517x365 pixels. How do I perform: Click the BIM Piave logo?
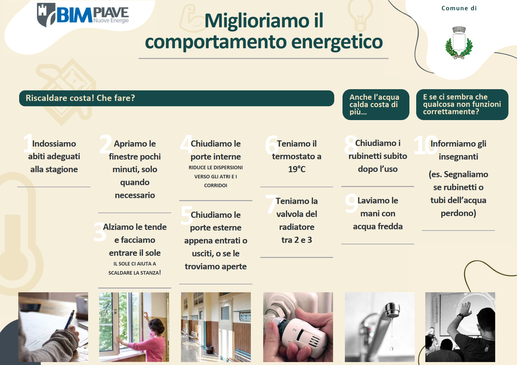point(83,15)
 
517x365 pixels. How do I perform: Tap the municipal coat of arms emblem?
point(459,43)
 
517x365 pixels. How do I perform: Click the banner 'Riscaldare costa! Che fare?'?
point(177,98)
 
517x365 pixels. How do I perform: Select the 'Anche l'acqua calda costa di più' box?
point(376,104)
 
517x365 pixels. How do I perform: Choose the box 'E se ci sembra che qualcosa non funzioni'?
point(462,104)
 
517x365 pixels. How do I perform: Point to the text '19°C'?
point(297,169)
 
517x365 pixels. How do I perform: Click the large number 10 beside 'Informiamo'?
point(426,145)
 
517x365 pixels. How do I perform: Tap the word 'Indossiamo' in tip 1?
point(54,144)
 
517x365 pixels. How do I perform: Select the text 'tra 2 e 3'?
point(297,240)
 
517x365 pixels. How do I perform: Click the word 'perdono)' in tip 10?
point(458,213)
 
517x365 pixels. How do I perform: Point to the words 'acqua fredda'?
point(378,226)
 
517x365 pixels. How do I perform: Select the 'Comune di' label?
point(459,8)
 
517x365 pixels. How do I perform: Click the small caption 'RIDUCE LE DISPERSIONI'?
point(216,167)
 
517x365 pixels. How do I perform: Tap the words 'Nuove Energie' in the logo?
point(111,20)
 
